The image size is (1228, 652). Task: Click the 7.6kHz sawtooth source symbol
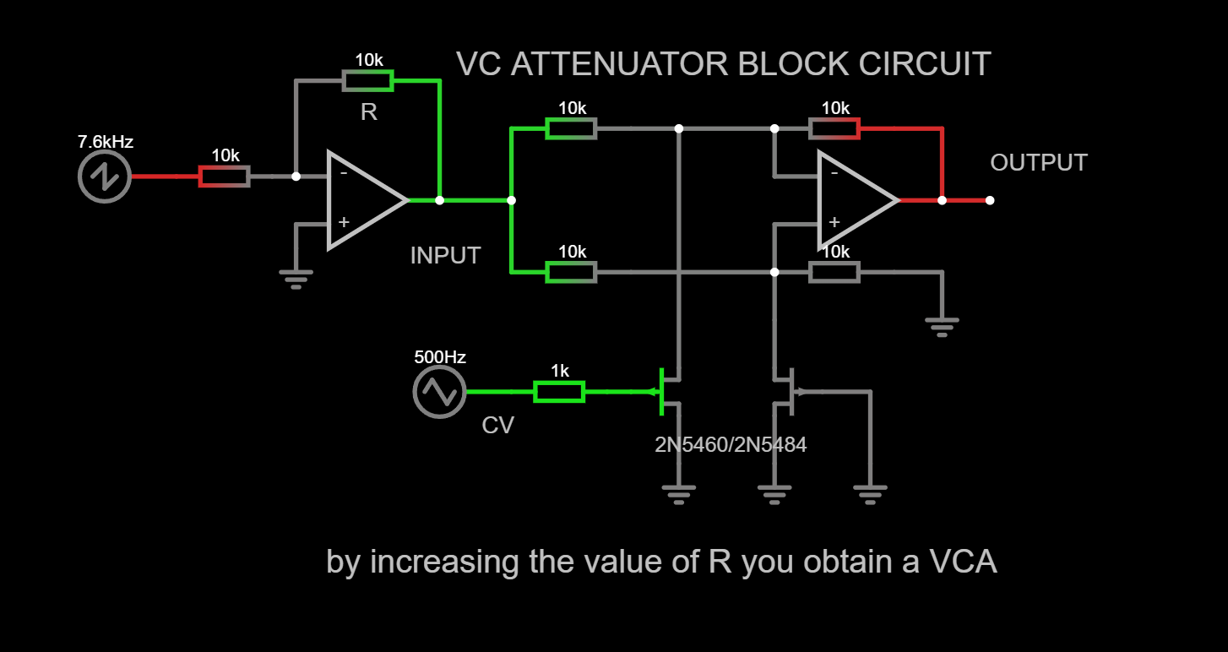click(104, 177)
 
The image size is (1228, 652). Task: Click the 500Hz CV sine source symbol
click(439, 392)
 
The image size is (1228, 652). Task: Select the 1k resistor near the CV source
click(559, 392)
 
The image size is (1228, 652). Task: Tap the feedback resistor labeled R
click(367, 81)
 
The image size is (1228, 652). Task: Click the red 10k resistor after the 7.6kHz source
click(224, 177)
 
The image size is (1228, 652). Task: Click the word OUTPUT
click(1038, 163)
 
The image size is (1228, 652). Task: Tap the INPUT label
click(445, 256)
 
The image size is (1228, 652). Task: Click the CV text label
click(497, 426)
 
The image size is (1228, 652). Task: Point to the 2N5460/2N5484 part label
click(731, 444)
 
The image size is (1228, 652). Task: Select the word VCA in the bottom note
click(963, 562)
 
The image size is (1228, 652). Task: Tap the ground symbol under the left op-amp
click(296, 279)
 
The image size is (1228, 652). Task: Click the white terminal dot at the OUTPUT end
click(990, 201)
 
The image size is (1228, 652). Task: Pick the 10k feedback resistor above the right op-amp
click(834, 128)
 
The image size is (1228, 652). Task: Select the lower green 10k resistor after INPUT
click(571, 272)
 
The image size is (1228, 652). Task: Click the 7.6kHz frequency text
click(106, 142)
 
